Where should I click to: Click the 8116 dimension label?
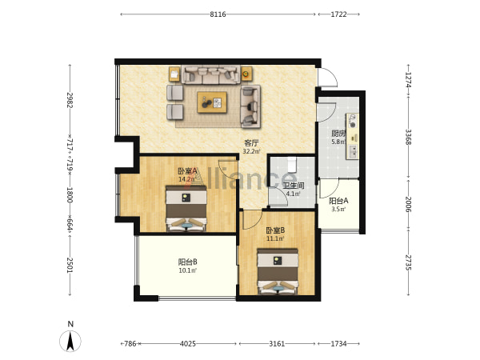point(218,14)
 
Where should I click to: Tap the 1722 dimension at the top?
point(338,14)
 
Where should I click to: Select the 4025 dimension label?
point(188,344)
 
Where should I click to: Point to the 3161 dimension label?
point(277,344)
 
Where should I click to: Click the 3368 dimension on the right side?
point(408,137)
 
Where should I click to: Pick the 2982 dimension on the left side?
point(70,100)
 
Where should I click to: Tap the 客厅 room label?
point(251,143)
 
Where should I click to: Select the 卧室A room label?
point(187,171)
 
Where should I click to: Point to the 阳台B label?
point(187,262)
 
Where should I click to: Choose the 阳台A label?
point(338,201)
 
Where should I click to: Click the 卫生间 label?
point(293,186)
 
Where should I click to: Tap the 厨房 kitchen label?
point(338,134)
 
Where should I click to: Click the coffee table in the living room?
point(212,102)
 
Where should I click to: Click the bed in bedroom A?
point(186,208)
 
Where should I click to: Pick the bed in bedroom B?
point(278,271)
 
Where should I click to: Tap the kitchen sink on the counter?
point(353,151)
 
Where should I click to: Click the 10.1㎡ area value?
point(187,270)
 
